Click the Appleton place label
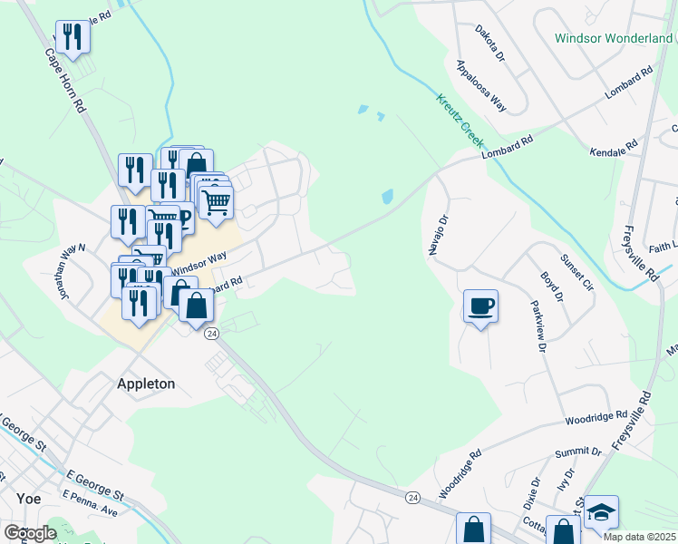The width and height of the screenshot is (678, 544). pos(145,384)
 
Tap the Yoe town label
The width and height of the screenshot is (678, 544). pos(28,498)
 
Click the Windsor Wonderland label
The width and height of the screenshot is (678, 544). pos(614,39)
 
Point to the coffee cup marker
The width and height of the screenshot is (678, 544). pos(480,306)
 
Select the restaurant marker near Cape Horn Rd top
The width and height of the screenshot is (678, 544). pos(73,36)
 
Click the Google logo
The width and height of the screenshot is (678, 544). pos(29,533)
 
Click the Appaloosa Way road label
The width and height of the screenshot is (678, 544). pos(481,84)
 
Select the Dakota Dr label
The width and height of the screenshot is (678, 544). pos(489,43)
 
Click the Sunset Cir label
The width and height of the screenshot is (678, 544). pos(577,272)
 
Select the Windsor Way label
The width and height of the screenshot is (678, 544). pos(199,263)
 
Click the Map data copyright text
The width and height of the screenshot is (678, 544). pos(639,537)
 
